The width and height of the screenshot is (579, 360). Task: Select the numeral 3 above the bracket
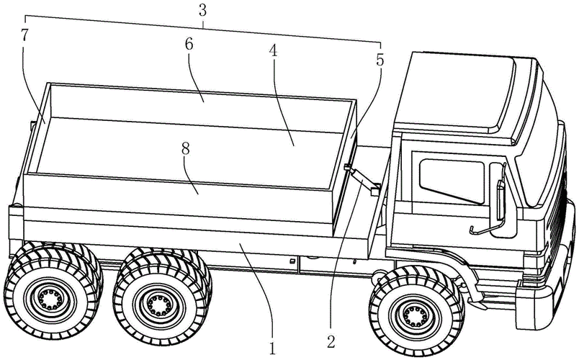click(204, 10)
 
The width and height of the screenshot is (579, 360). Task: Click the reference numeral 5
click(380, 60)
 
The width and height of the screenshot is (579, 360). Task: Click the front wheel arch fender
click(461, 277)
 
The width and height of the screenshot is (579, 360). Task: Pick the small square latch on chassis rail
click(292, 259)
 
